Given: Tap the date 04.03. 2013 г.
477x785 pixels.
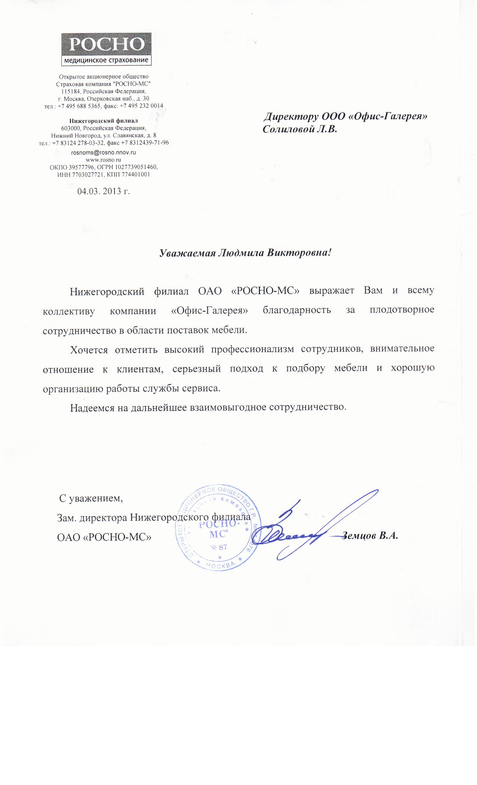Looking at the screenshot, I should (103, 191).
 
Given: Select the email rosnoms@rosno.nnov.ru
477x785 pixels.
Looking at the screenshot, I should (104, 153).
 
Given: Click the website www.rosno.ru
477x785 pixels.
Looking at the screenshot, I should (103, 160).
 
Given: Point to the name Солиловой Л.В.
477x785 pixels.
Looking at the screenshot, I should (300, 129).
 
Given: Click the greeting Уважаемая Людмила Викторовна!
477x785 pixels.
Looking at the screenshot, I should (246, 253).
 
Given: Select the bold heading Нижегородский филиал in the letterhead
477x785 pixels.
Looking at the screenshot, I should (104, 121).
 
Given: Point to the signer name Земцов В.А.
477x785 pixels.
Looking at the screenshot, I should (370, 535).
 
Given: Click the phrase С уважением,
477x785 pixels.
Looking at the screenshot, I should (91, 498).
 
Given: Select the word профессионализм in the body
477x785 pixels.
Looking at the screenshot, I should (253, 350).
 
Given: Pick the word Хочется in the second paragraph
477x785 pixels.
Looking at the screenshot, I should (89, 350).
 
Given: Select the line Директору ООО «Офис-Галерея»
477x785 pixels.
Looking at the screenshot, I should (345, 116).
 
